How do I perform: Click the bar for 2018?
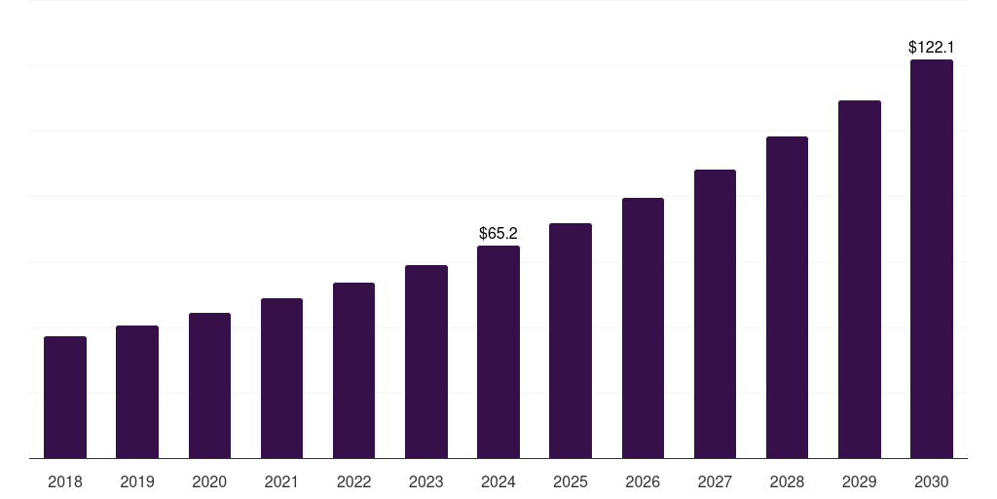point(65,398)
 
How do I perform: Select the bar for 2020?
point(209,386)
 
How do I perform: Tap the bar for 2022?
point(353,370)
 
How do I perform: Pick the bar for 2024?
point(498,352)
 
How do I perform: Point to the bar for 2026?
point(643,328)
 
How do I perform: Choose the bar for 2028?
point(787,297)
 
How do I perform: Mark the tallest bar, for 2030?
point(931,259)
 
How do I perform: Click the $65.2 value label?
point(498,234)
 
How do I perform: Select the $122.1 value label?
point(931,47)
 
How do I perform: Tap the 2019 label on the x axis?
point(137,481)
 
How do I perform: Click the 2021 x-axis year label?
point(281,481)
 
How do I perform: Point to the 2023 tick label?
point(426,481)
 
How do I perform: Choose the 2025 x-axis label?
point(571,481)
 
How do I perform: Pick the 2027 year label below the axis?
point(715,481)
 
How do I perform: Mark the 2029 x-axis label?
point(859,481)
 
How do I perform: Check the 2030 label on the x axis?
point(931,481)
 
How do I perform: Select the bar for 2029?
point(859,280)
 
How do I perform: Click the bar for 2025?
point(571,341)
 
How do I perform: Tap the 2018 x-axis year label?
point(65,481)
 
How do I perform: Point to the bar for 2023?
point(426,362)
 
